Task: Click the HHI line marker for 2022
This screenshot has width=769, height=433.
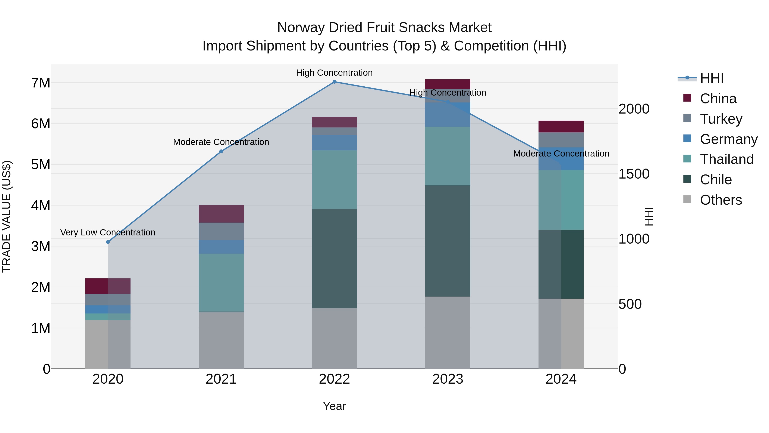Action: pyautogui.click(x=334, y=82)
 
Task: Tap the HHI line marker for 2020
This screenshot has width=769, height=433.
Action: pyautogui.click(x=108, y=242)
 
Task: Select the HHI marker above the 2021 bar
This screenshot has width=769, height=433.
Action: pyautogui.click(x=221, y=152)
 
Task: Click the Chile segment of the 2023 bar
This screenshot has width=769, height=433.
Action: pyautogui.click(x=448, y=241)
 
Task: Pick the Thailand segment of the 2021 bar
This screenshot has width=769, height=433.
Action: pyautogui.click(x=221, y=282)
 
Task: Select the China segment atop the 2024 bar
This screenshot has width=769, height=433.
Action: pyautogui.click(x=561, y=126)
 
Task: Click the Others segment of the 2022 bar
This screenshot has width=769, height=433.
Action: pyautogui.click(x=334, y=338)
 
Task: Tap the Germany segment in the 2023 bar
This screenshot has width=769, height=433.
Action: pyautogui.click(x=448, y=115)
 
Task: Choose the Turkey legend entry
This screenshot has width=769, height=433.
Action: pyautogui.click(x=721, y=119)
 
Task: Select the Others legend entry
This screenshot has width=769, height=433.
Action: pyautogui.click(x=721, y=200)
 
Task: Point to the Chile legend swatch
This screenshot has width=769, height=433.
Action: pyautogui.click(x=687, y=179)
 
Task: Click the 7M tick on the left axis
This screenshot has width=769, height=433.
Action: pyautogui.click(x=41, y=83)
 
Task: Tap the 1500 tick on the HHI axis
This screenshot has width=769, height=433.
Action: pyautogui.click(x=634, y=174)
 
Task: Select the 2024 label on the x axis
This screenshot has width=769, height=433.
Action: pyautogui.click(x=561, y=379)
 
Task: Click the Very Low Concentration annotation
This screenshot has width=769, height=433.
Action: pyautogui.click(x=108, y=232)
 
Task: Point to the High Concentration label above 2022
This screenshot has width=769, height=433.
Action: pyautogui.click(x=334, y=73)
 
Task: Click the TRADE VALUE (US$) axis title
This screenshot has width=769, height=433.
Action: pyautogui.click(x=7, y=216)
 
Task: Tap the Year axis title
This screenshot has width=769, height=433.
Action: pyautogui.click(x=334, y=406)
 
